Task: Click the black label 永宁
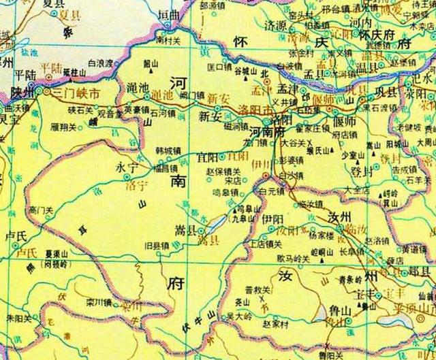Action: tap(127, 165)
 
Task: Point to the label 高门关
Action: tap(42, 210)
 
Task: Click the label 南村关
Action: tap(168, 41)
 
